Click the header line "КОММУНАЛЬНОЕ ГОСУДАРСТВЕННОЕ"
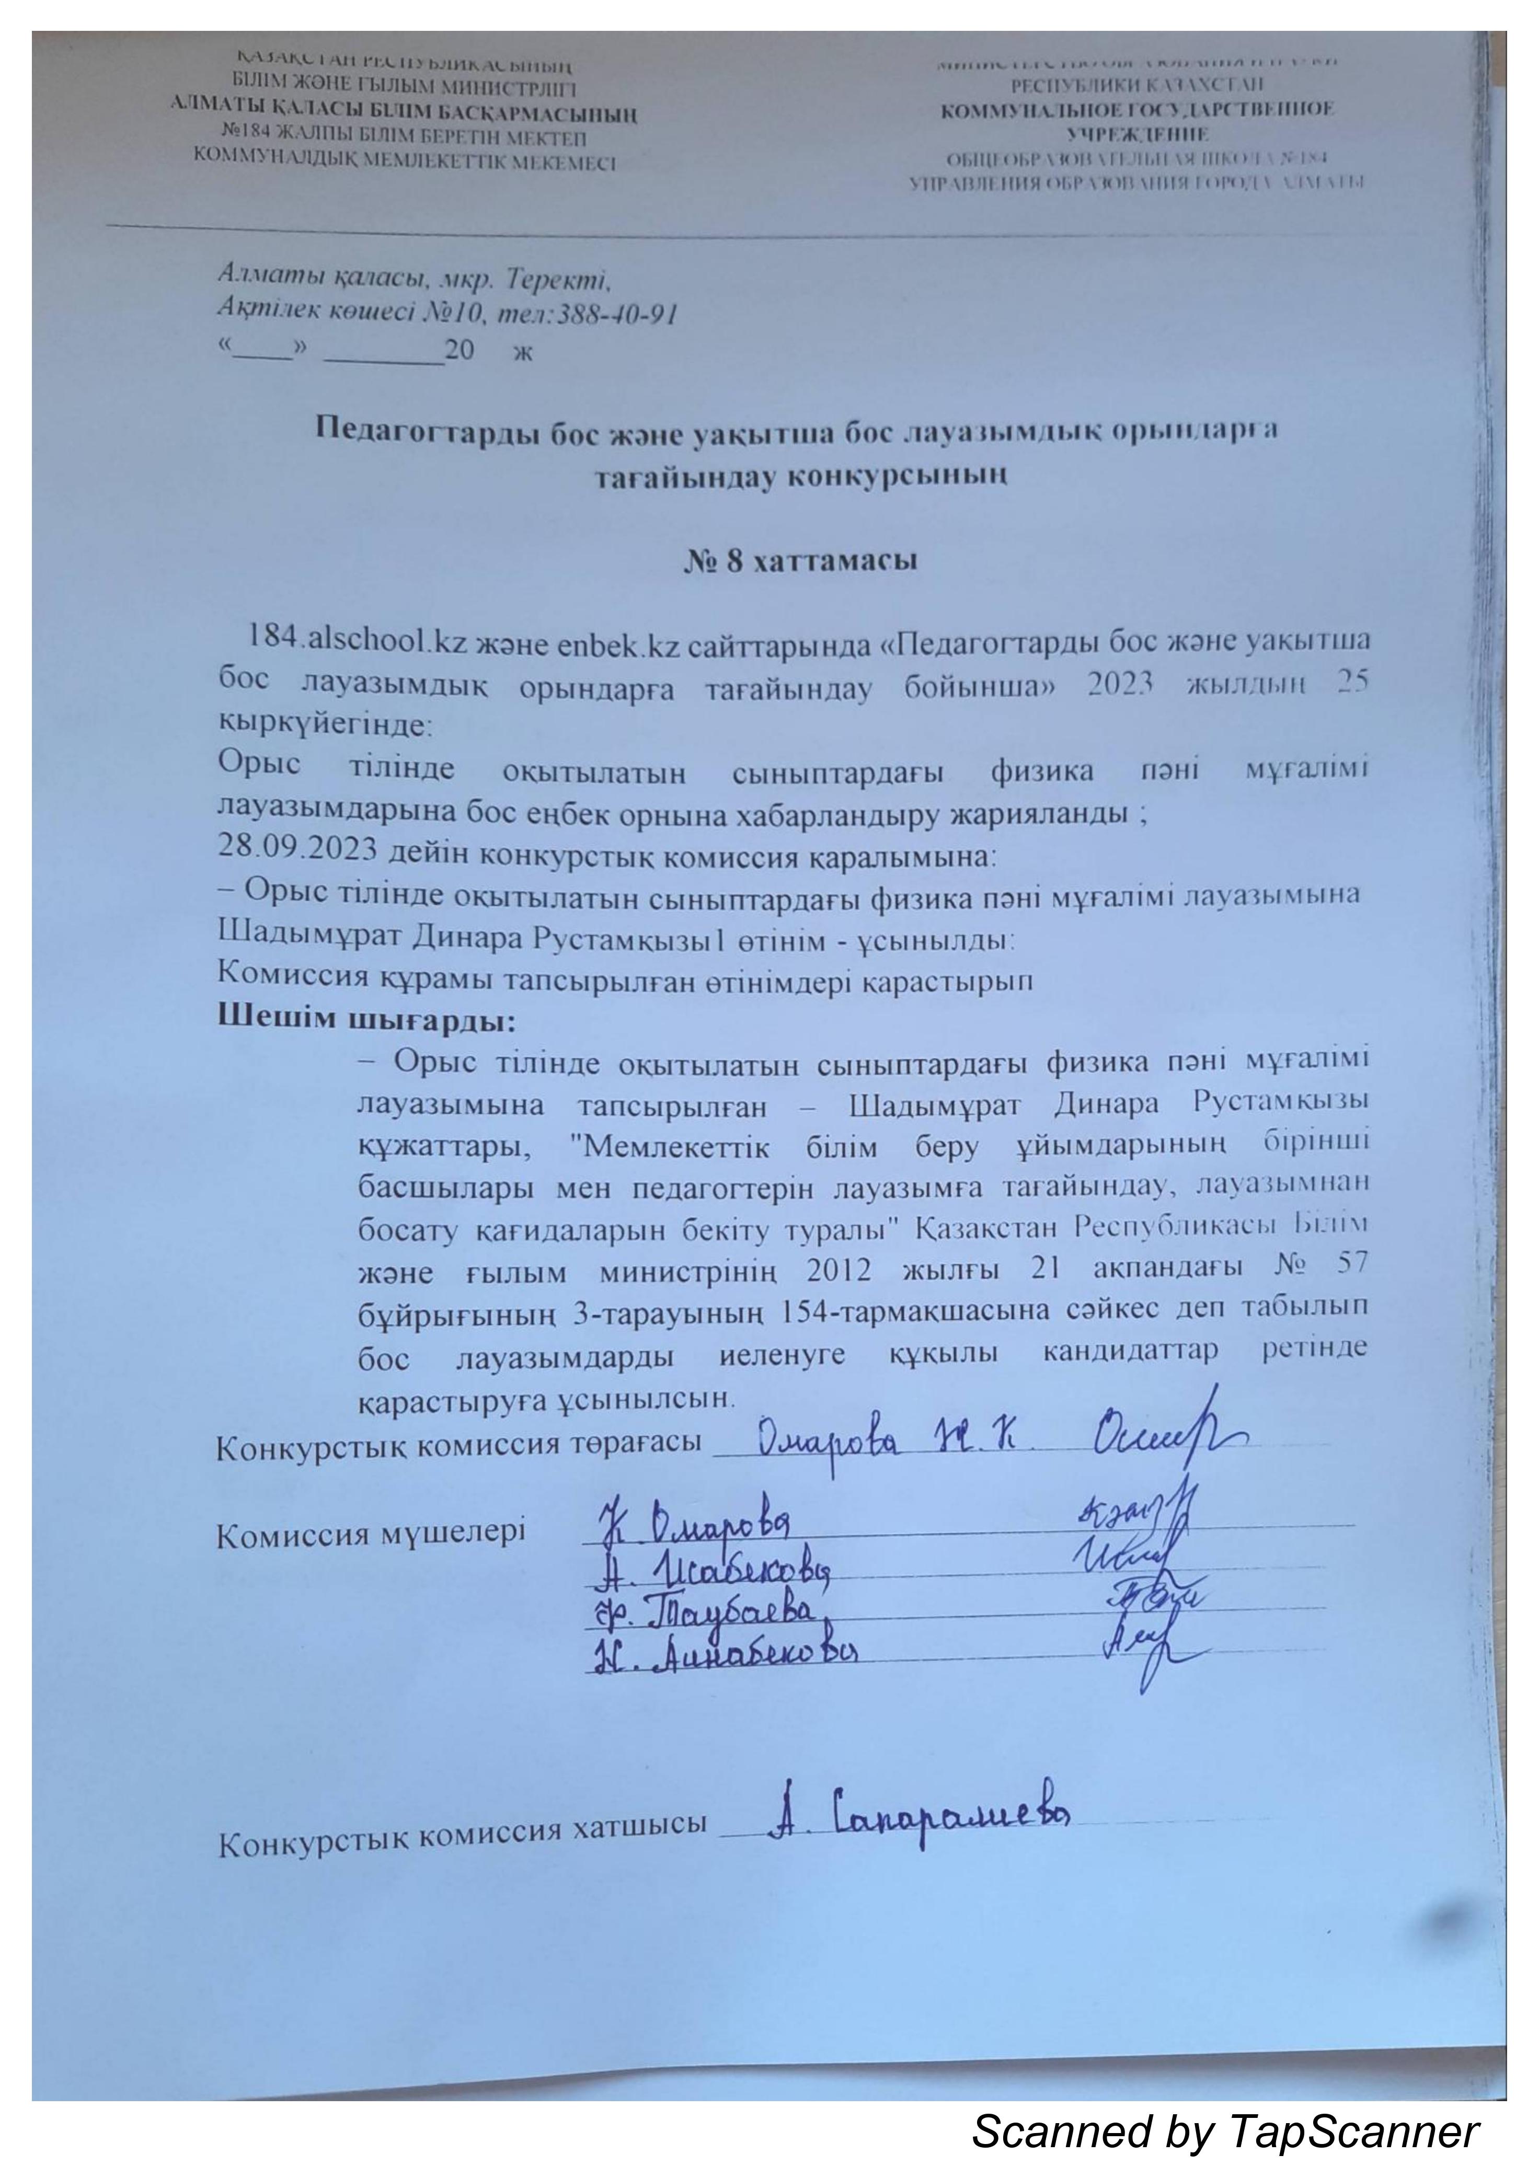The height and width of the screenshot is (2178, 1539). click(1136, 110)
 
